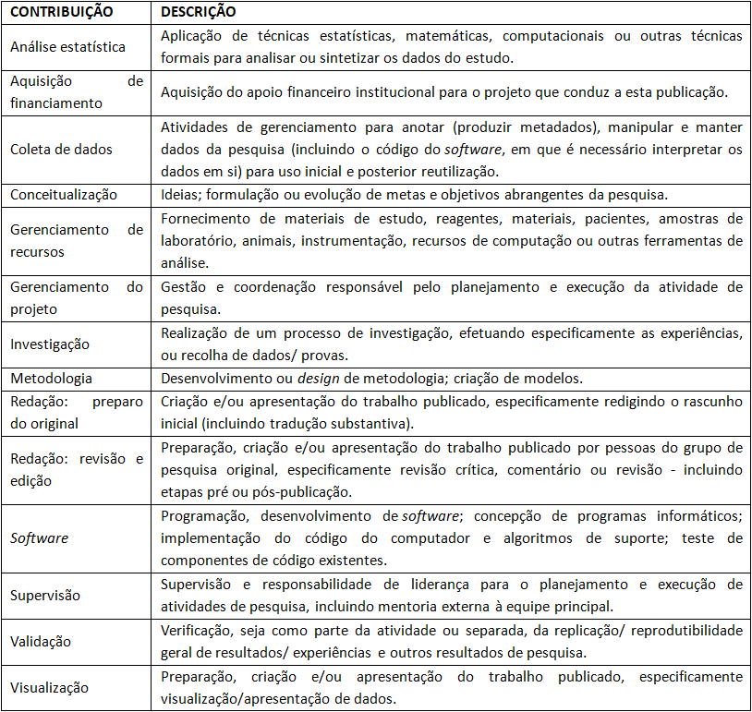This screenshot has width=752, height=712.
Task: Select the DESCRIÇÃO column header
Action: (198, 13)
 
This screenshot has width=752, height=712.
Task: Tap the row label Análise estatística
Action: (67, 46)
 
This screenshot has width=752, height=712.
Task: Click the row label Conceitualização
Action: (64, 194)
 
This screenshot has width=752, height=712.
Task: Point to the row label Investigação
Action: (50, 344)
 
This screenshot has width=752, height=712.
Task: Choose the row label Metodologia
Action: (51, 379)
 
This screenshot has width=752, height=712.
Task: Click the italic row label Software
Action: (39, 537)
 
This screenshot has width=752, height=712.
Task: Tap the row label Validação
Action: (41, 642)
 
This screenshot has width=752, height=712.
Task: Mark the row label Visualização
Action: (49, 687)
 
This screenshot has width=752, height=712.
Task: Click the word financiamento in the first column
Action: (56, 103)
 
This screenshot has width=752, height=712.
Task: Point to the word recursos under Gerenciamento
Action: (38, 251)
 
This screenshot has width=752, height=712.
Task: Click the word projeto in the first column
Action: (34, 309)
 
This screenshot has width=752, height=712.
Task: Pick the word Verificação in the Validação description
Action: (198, 630)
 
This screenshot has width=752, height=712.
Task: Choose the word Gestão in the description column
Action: (183, 287)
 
